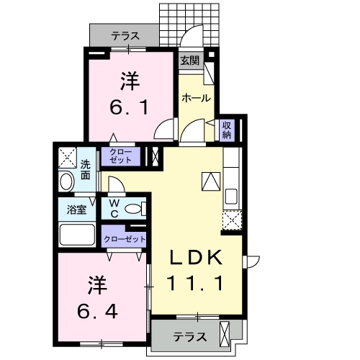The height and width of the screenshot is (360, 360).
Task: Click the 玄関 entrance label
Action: [189, 61]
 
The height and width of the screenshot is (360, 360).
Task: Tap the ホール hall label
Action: [196, 98]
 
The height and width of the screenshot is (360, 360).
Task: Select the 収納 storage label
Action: [226, 130]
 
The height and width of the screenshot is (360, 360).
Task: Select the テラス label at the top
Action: [125, 35]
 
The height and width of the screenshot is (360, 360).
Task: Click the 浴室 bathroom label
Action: [77, 210]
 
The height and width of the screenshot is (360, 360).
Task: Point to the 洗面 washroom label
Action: [86, 168]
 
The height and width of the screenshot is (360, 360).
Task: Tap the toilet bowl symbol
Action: [132, 210]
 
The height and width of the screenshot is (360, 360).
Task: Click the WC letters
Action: [114, 210]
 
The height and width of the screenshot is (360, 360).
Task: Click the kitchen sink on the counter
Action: [232, 196]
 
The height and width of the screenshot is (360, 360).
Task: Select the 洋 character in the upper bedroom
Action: [129, 81]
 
